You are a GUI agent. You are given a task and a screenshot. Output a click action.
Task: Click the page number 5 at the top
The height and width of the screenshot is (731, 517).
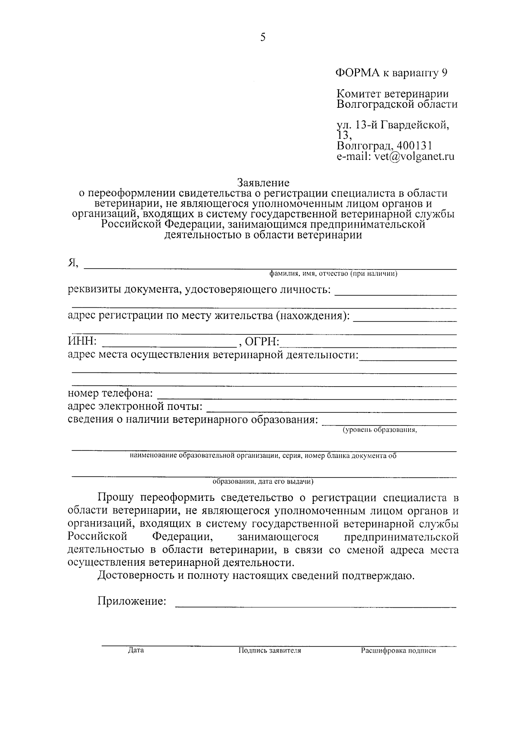tap(263, 38)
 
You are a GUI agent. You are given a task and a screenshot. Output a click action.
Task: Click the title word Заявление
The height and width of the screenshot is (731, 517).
tap(263, 183)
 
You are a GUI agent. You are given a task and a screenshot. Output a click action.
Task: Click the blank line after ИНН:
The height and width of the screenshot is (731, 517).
tap(168, 344)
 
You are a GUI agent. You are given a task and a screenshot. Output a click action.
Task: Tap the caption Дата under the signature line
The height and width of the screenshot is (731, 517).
tap(136, 650)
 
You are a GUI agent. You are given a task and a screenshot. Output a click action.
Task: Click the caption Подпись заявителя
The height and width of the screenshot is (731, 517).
tap(270, 651)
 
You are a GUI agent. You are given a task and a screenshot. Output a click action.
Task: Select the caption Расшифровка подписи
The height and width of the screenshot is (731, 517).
tap(399, 651)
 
